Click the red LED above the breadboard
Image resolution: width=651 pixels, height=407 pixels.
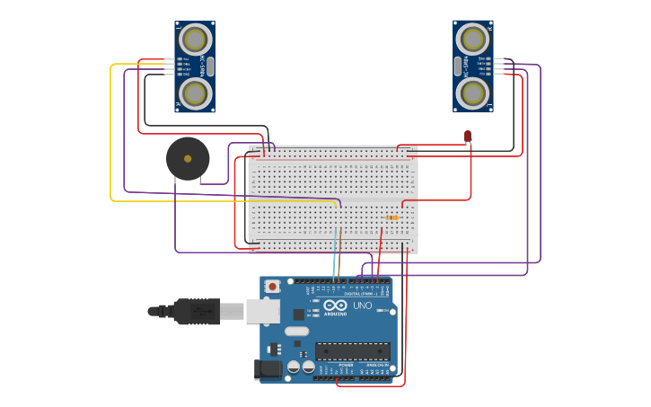tap(468, 137)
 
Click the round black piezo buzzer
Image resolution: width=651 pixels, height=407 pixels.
tap(188, 159)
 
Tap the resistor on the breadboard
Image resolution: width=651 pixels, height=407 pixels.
tap(391, 217)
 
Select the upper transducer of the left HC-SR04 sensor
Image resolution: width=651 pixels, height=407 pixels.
tap(196, 40)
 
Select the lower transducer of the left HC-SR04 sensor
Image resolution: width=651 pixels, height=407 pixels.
tap(196, 93)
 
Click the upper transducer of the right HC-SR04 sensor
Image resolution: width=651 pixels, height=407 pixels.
tap(472, 39)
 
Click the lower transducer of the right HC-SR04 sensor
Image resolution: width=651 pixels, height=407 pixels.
tap(472, 93)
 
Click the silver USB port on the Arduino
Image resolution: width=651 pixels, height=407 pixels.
tap(262, 311)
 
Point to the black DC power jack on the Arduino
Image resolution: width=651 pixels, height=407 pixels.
tap(267, 368)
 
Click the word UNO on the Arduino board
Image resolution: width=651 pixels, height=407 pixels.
tap(362, 305)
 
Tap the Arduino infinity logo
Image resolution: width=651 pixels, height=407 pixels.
tap(335, 305)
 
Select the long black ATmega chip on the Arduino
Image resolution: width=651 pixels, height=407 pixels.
tap(352, 351)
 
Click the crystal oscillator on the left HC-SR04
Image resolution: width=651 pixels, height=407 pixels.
tap(211, 66)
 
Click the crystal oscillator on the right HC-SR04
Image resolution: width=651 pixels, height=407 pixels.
tap(457, 66)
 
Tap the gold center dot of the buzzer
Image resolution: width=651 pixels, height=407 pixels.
tap(188, 159)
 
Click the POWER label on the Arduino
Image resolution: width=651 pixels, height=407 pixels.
tap(346, 365)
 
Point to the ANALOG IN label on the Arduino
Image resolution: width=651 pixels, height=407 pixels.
tap(377, 365)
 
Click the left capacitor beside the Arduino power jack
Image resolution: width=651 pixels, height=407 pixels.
tap(294, 367)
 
